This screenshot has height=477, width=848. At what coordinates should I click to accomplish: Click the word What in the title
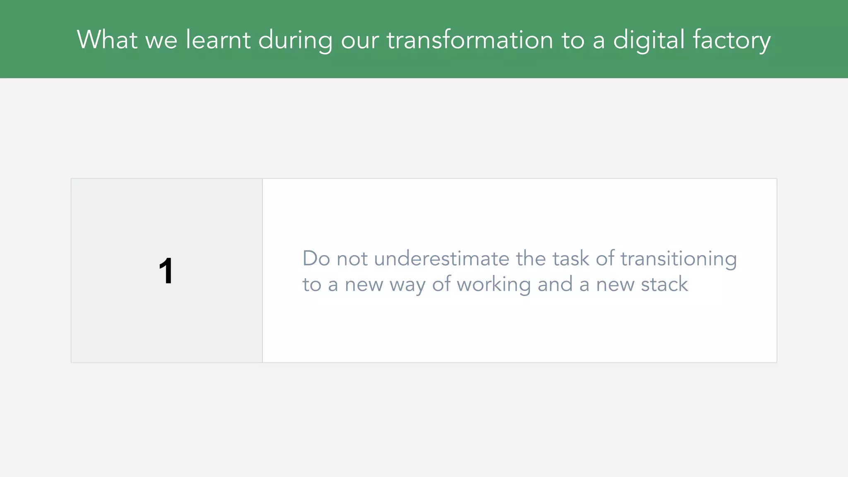107,40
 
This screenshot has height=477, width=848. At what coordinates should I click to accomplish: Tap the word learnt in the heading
218,40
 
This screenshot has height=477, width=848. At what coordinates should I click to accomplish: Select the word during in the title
295,41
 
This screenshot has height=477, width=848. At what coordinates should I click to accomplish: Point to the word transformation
470,40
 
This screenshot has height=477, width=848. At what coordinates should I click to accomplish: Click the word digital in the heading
649,41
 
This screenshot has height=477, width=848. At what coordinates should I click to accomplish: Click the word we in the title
161,41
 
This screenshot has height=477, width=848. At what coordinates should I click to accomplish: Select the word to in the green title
573,41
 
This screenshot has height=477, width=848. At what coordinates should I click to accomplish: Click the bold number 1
166,271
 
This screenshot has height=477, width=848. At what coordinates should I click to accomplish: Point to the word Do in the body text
316,258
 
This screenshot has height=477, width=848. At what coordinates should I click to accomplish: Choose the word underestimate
441,258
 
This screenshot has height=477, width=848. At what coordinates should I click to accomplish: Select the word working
494,285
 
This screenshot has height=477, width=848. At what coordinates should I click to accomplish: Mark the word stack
664,284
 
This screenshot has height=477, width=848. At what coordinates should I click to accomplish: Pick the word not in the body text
352,259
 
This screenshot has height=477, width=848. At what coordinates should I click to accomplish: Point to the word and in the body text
554,284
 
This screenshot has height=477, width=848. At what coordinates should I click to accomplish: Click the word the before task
530,258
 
